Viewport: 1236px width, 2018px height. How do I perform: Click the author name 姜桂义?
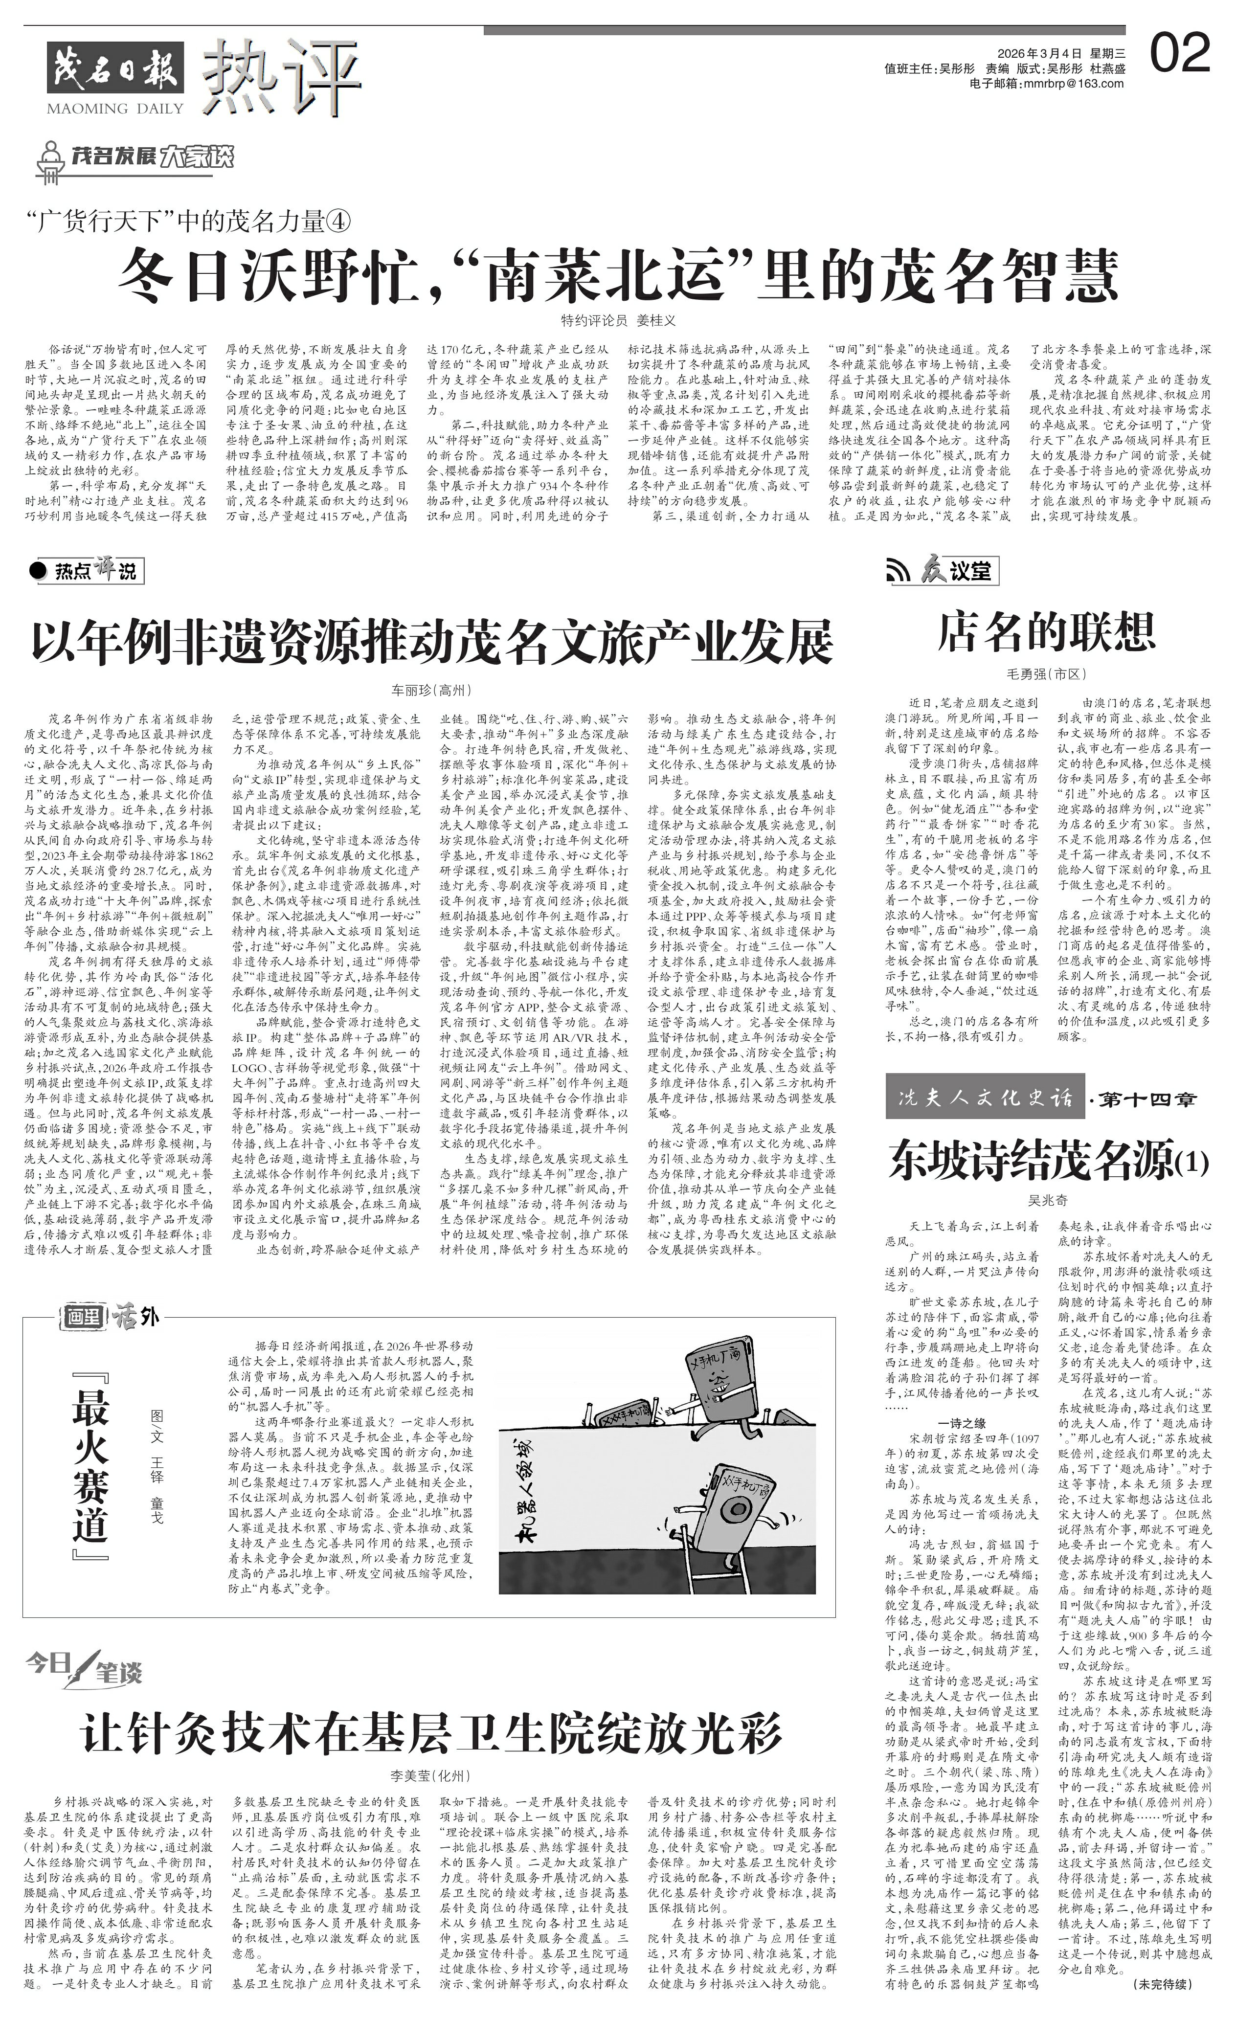click(656, 321)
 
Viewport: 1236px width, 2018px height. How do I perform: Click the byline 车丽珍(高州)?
click(432, 691)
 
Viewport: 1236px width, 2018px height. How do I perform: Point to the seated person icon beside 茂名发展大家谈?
click(51, 160)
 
